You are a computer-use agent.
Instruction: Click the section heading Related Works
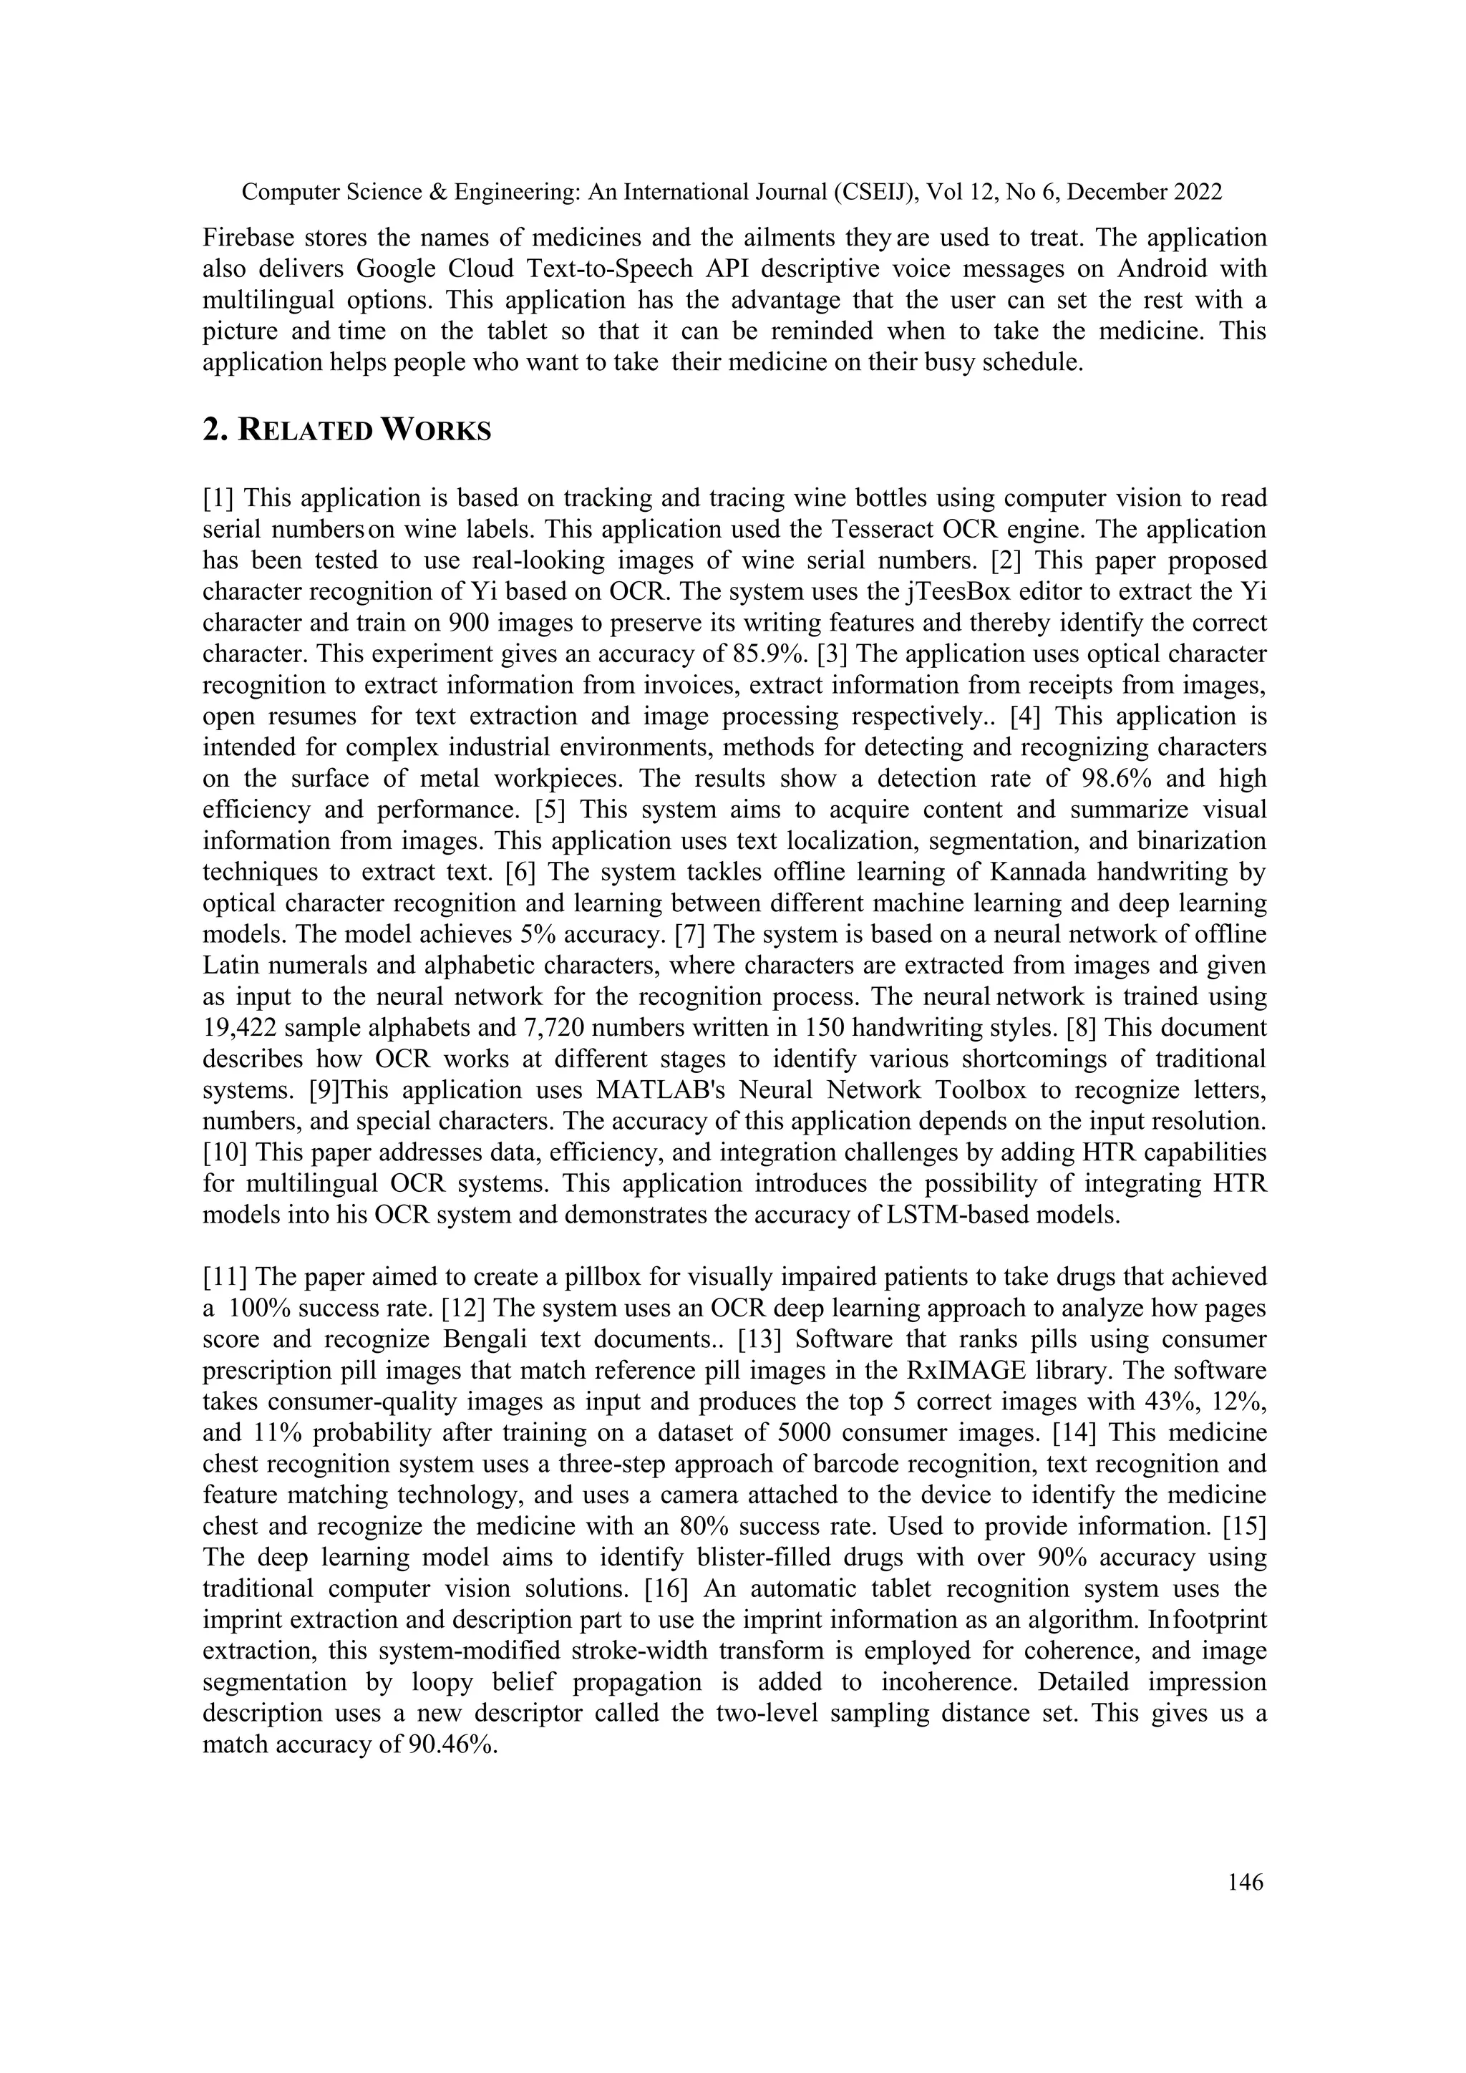pos(348,431)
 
